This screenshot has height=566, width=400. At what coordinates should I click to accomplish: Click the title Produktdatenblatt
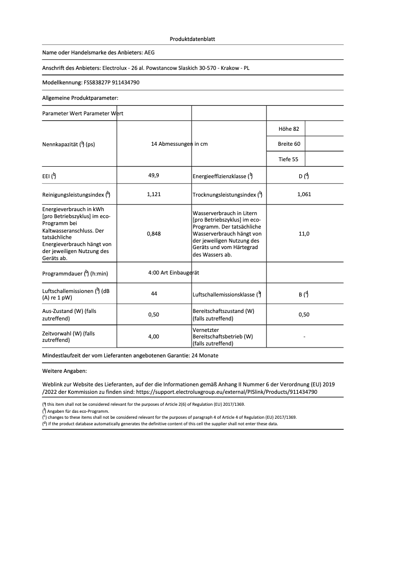(193, 39)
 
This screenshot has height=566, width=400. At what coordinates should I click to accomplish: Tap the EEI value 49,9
(154, 176)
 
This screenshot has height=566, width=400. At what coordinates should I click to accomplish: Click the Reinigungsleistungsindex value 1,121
(154, 194)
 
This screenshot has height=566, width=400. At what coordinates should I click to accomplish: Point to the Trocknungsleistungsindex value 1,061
(304, 194)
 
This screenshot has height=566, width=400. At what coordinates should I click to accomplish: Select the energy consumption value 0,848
(154, 233)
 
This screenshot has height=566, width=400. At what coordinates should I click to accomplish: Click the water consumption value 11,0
(304, 233)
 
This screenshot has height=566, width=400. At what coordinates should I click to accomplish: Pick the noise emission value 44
(154, 294)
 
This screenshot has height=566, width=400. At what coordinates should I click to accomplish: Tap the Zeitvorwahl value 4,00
(154, 336)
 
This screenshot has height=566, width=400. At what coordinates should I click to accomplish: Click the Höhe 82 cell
(289, 129)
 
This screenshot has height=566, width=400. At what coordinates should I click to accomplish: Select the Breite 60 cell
(289, 144)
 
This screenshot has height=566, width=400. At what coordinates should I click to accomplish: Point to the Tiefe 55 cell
(289, 159)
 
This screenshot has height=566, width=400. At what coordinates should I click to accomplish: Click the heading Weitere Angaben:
(65, 371)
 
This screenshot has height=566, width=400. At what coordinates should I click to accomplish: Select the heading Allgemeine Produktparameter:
(80, 98)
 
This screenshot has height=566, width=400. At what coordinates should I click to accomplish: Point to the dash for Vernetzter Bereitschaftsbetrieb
(304, 337)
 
